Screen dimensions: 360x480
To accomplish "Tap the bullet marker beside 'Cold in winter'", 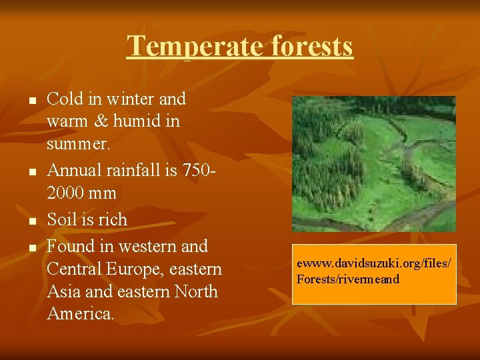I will [x=31, y=101].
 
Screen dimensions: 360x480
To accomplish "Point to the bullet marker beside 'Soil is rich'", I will [x=31, y=221].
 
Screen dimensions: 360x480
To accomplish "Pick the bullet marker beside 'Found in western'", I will [x=31, y=247].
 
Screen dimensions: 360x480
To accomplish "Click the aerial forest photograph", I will [x=373, y=163].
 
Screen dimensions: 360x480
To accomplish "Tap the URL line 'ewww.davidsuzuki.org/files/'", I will [x=373, y=265].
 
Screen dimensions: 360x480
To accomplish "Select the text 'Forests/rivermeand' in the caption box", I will [x=348, y=279].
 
